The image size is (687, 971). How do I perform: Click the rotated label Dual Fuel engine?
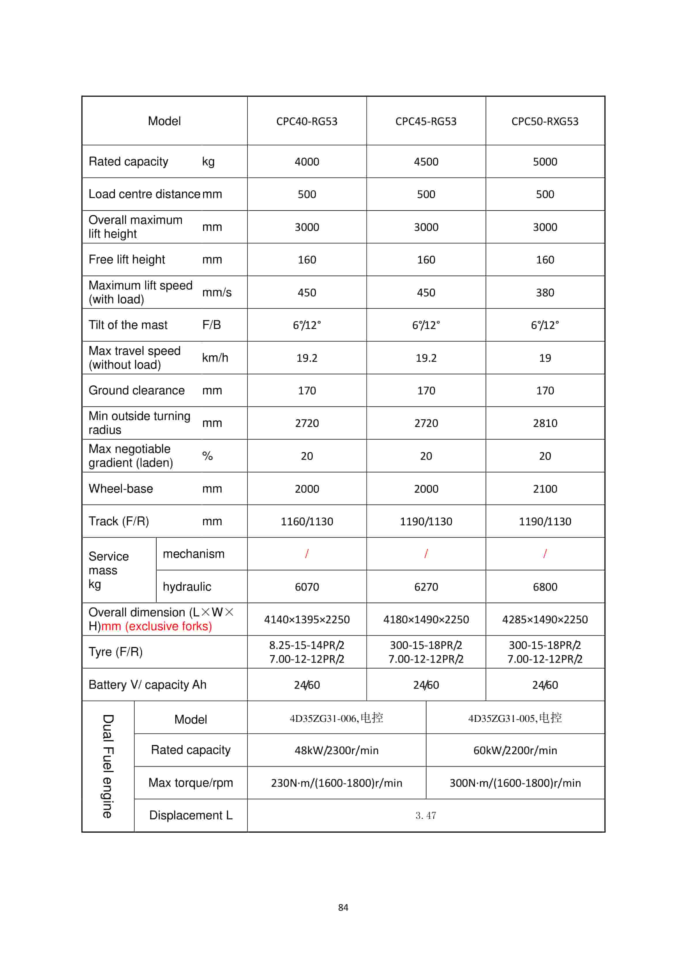108,766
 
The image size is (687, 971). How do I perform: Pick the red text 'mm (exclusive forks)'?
157,626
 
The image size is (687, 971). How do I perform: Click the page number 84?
343,907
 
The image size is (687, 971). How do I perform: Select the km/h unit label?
215,358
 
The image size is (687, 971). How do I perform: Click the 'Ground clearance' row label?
136,390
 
